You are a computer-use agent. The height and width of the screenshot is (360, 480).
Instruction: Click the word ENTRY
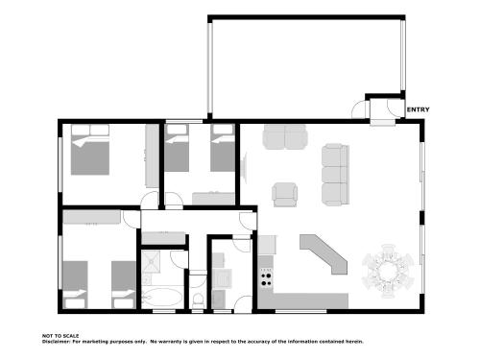(x=418, y=109)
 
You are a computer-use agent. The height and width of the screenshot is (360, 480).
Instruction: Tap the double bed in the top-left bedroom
(x=90, y=150)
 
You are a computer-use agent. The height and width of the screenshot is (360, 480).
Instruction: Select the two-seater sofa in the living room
(x=285, y=137)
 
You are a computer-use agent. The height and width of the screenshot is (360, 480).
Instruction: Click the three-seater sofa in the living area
(x=335, y=175)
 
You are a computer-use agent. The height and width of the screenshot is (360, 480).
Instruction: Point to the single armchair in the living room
(x=285, y=195)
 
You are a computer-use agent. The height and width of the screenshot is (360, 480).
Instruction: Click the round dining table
(x=388, y=272)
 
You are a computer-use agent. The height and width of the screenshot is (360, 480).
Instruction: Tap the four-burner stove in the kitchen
(x=266, y=279)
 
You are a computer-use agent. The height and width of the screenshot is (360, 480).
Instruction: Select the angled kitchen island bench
(x=324, y=254)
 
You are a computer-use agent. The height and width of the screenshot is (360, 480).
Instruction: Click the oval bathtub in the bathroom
(x=162, y=298)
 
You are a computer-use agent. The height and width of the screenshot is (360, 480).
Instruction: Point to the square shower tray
(x=151, y=261)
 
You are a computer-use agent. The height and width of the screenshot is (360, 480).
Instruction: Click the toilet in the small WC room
(x=199, y=300)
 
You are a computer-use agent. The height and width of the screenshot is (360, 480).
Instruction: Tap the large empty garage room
(x=306, y=67)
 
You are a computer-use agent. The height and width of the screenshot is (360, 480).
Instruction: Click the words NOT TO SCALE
(x=60, y=336)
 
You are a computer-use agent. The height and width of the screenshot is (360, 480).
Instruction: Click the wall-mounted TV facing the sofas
(x=245, y=168)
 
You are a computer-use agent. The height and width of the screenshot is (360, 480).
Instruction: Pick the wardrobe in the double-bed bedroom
(x=152, y=156)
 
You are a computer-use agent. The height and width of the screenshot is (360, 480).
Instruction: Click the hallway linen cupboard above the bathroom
(x=163, y=238)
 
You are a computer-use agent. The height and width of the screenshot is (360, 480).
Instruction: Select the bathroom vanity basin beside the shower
(x=147, y=279)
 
